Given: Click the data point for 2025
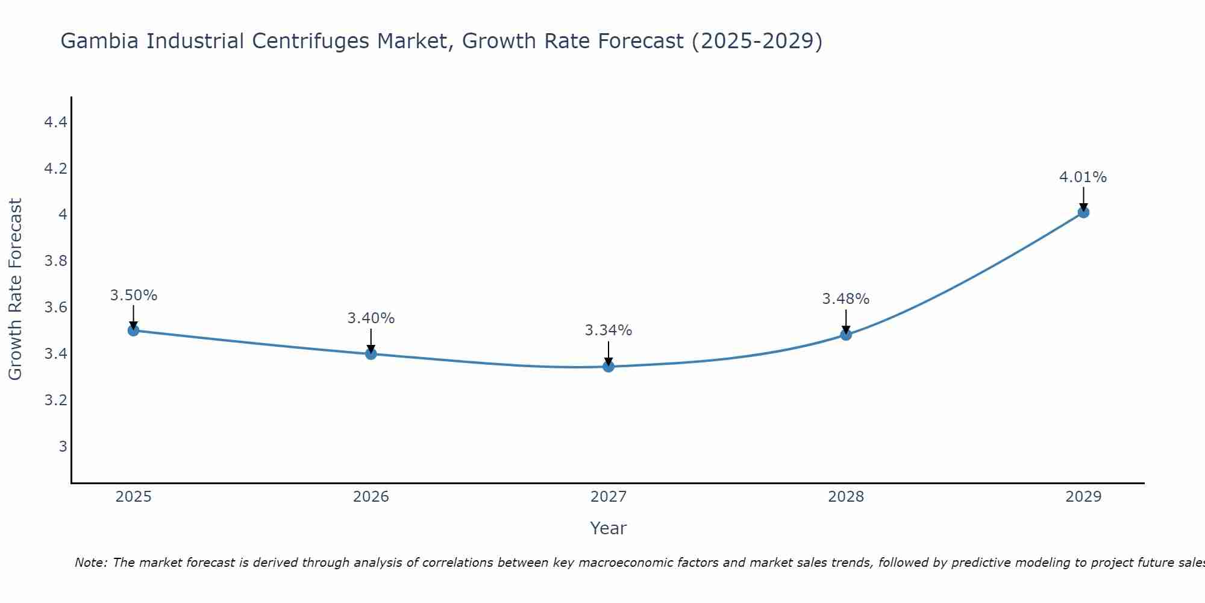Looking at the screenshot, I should pos(134,330).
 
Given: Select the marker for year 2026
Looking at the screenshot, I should pos(371,354).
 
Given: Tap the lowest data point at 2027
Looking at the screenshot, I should pos(609,367).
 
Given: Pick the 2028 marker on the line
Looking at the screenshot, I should pos(846,335).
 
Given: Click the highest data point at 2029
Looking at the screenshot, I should pos(1083,212).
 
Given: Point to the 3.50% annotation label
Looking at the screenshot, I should pos(134,295).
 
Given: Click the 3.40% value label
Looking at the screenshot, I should pos(371,318).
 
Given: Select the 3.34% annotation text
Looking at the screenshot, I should pos(609,330).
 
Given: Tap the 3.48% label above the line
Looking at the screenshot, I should pos(846,299).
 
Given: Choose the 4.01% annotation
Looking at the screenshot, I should pos(1083,177).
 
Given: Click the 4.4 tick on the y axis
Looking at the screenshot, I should pos(55,122).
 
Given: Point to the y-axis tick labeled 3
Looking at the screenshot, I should pos(63,447).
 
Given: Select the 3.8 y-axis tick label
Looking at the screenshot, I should pos(55,261).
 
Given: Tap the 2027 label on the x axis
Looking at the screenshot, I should pos(609,497).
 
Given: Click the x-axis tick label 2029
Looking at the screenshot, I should pos(1083,497).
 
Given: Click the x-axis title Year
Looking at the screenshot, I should pos(609,528).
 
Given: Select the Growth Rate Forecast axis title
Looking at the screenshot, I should pos(16,289).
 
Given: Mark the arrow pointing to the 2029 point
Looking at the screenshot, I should pos(1083,199).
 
